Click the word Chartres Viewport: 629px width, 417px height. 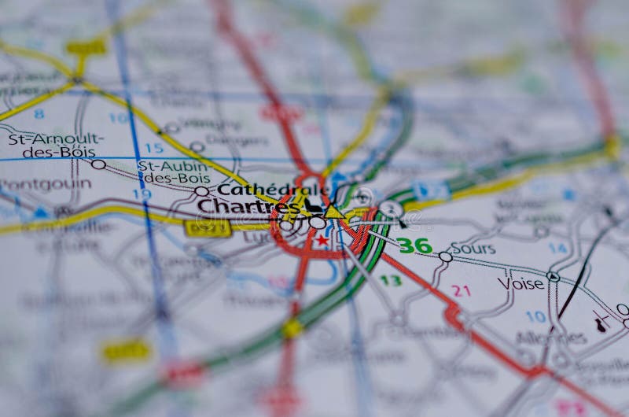pyautogui.click(x=248, y=206)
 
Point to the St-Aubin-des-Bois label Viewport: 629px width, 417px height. pyautogui.click(x=174, y=172)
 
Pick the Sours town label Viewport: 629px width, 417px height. pyautogui.click(x=473, y=249)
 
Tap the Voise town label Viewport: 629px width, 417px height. pyautogui.click(x=520, y=283)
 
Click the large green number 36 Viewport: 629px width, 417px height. pyautogui.click(x=414, y=245)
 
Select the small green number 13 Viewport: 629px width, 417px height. pyautogui.click(x=391, y=280)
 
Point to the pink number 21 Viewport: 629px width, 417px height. pyautogui.click(x=461, y=290)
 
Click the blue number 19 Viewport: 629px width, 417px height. pyautogui.click(x=142, y=194)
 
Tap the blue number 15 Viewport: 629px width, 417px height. pyautogui.click(x=154, y=148)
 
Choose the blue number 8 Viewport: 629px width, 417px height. pyautogui.click(x=39, y=114)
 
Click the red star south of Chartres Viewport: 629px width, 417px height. pyautogui.click(x=322, y=240)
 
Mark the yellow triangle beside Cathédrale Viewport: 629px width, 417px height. pyautogui.click(x=334, y=212)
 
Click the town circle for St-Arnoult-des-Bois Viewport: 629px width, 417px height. pyautogui.click(x=98, y=164)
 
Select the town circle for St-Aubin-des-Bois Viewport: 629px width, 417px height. pyautogui.click(x=202, y=190)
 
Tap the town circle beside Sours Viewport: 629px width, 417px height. pyautogui.click(x=446, y=256)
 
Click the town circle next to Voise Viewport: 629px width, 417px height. pyautogui.click(x=553, y=276)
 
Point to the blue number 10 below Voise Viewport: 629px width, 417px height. pyautogui.click(x=535, y=316)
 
